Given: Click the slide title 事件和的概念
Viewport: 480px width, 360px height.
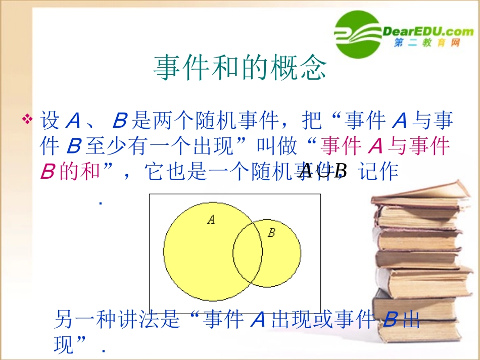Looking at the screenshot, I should [240, 68].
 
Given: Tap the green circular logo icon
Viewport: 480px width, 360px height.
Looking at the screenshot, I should [356, 34].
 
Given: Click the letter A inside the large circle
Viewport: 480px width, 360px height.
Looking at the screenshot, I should [211, 219].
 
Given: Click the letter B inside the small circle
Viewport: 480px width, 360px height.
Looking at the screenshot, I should [271, 233].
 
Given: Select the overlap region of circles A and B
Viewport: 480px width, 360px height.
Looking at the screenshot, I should [248, 252].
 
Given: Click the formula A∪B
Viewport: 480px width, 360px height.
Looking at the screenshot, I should [323, 172].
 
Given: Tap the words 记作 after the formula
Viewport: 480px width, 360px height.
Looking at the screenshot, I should [378, 172].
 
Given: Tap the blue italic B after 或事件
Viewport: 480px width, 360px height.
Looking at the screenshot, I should [389, 319].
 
